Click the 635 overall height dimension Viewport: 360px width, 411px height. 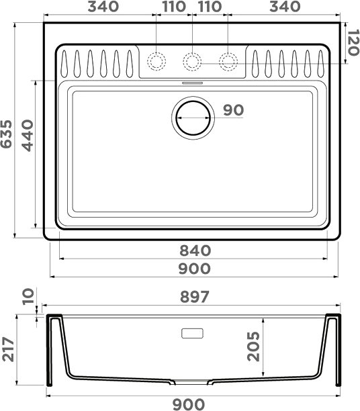click(6, 134)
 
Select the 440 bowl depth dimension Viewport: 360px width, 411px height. click(28, 136)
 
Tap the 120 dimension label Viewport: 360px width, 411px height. click(353, 42)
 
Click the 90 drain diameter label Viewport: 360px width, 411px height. click(234, 110)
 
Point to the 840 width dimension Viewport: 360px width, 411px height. click(195, 250)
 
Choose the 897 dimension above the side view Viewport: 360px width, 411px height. click(195, 296)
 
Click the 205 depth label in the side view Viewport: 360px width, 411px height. click(254, 347)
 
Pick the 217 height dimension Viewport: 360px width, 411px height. click(8, 349)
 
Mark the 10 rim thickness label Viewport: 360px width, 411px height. click(28, 296)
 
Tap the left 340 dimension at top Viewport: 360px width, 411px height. click(103, 7)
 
